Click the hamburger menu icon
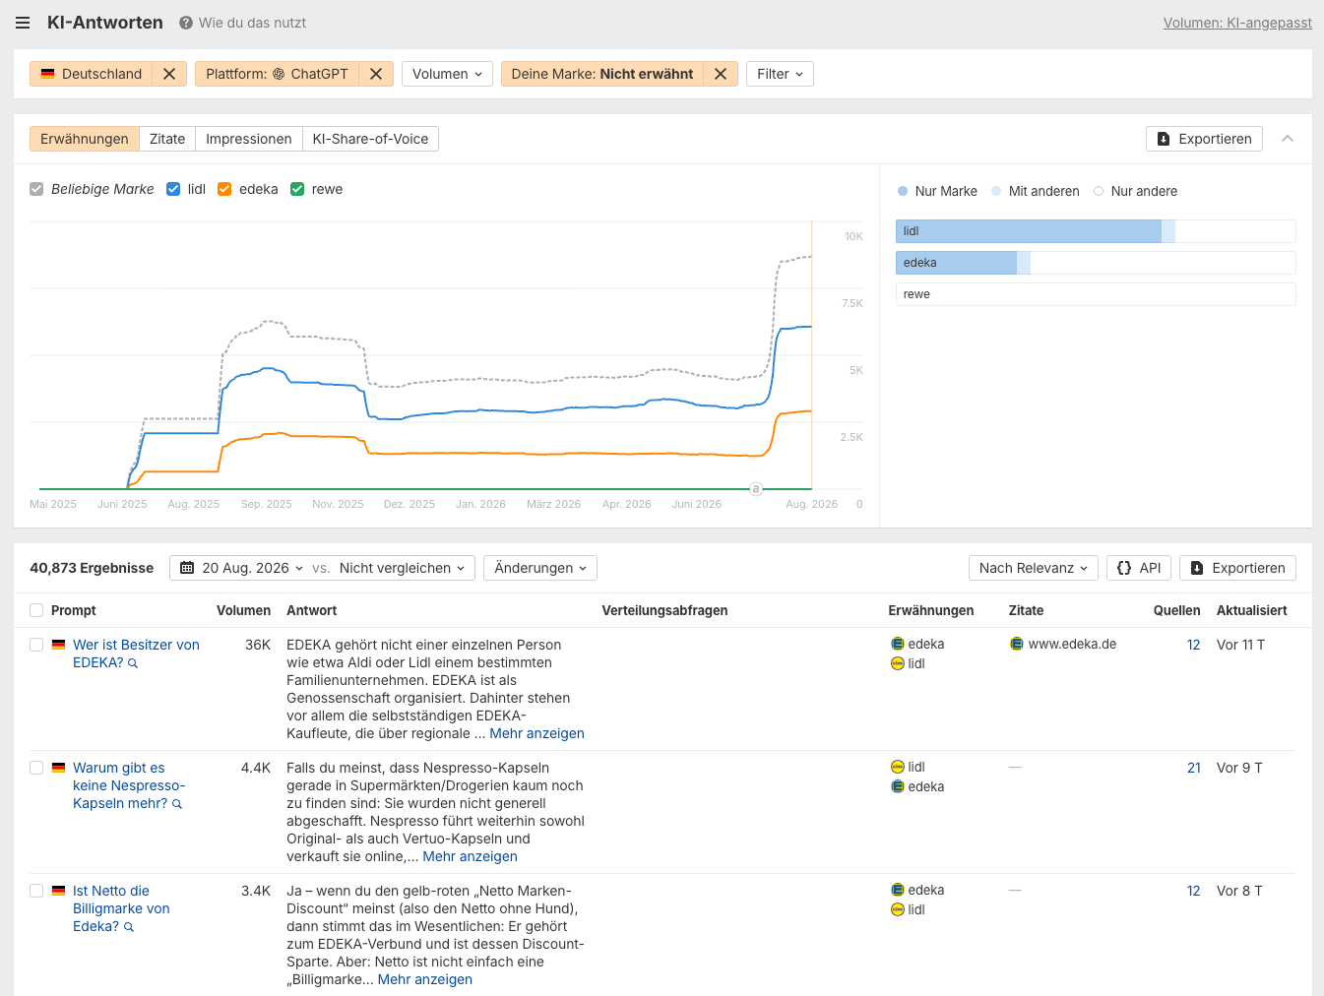(23, 23)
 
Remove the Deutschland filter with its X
(169, 74)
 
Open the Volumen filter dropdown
(447, 74)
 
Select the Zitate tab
(167, 139)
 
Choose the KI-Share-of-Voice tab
(370, 139)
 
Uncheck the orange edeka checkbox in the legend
(224, 189)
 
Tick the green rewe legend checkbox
(297, 189)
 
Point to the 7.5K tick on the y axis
(851, 303)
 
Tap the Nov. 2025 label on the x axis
(338, 504)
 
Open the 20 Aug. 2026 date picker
(242, 568)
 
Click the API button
(1138, 568)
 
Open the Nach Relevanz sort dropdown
(1033, 568)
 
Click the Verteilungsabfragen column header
(664, 610)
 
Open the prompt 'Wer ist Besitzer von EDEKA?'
(136, 654)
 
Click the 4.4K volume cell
(256, 768)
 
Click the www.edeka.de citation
(1072, 644)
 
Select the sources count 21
(1194, 768)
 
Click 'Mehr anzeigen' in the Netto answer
(424, 979)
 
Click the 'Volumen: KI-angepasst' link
(1237, 23)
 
